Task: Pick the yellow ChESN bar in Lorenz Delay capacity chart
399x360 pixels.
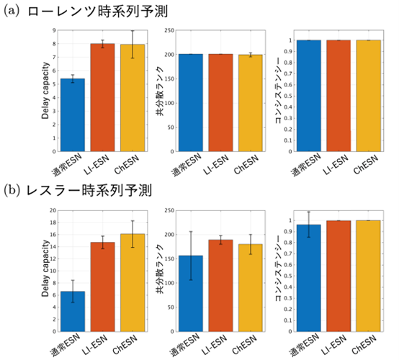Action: tap(132, 98)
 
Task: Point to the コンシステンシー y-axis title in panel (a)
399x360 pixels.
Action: tap(277, 91)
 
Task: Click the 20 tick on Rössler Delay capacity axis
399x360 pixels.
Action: tap(50, 211)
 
